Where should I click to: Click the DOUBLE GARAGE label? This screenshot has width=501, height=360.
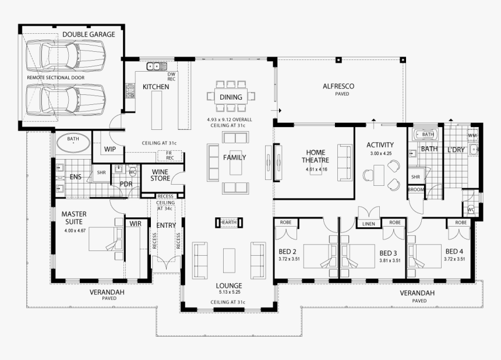[x=89, y=34]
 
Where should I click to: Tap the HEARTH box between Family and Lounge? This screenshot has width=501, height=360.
[x=227, y=222]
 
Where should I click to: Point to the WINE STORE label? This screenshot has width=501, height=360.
[x=160, y=175]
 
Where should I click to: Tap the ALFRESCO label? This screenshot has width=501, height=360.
[x=338, y=86]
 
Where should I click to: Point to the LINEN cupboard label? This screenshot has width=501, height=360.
[x=368, y=224]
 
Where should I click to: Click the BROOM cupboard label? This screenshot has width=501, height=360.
[x=416, y=189]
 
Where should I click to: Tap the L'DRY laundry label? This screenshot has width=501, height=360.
[x=456, y=150]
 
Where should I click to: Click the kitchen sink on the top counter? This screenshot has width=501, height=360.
[x=154, y=66]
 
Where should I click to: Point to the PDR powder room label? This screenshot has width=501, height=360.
[x=126, y=183]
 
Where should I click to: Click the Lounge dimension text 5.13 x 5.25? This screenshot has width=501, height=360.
[x=227, y=292]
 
